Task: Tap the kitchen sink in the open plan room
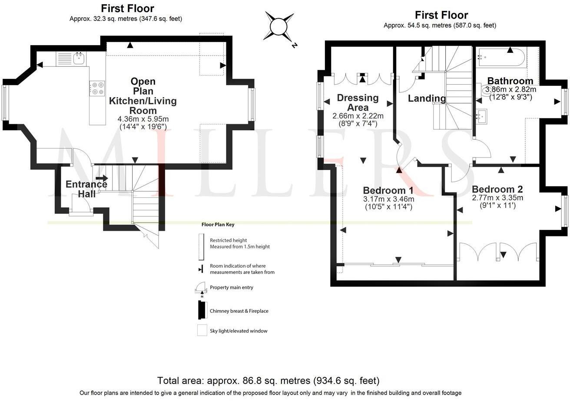(x=79, y=58)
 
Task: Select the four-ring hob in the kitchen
(x=97, y=88)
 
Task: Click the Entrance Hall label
(x=86, y=189)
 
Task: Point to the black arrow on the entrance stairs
(x=102, y=178)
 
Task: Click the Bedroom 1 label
(x=388, y=190)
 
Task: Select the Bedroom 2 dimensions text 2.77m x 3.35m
(x=497, y=198)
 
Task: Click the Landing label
(x=427, y=98)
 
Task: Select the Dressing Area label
(x=358, y=102)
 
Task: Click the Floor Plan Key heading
(x=218, y=225)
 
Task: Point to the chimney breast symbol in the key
(x=202, y=310)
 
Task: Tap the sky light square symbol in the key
(x=202, y=330)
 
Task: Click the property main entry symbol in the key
(x=201, y=287)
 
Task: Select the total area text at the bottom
(x=268, y=381)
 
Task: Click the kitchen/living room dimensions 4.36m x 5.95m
(x=143, y=119)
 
